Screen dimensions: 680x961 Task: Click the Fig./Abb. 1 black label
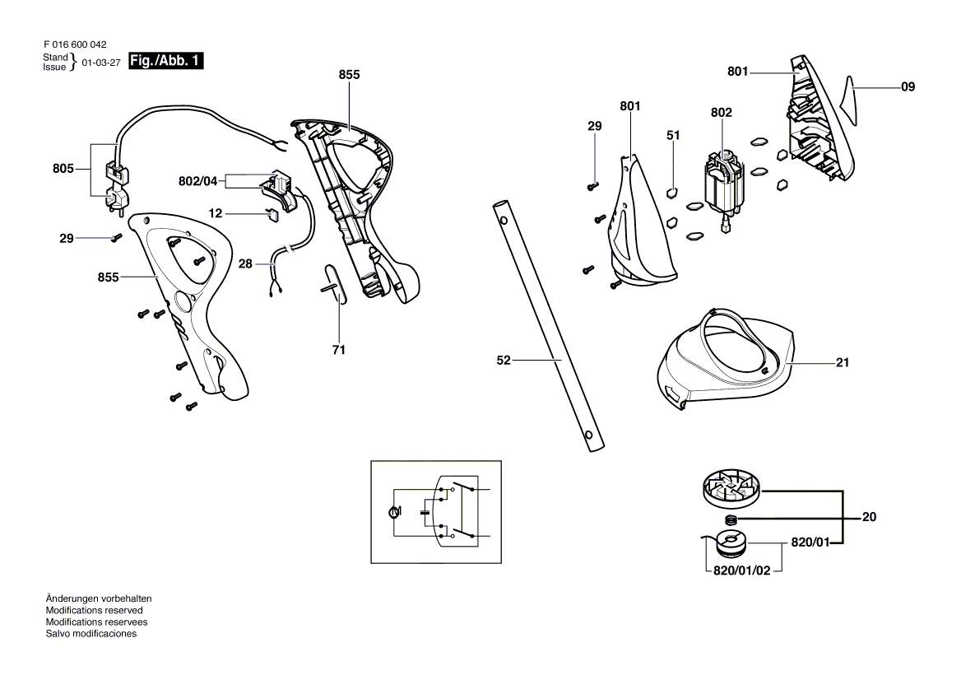tap(161, 61)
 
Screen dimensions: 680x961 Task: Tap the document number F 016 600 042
tap(73, 45)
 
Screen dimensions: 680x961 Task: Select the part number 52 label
tap(504, 360)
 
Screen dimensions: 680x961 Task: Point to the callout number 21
tap(843, 362)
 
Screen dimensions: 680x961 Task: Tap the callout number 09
tap(908, 86)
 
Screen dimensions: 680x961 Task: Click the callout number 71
tap(338, 350)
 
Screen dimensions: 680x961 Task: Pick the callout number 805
tap(63, 169)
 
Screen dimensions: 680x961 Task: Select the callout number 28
tap(246, 263)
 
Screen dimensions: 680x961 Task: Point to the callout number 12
tap(216, 213)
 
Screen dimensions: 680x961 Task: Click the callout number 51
tap(673, 134)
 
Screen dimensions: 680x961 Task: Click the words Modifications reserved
tap(94, 610)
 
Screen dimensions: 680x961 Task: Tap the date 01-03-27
tap(100, 63)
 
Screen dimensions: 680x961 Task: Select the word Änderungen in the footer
tap(71, 598)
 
